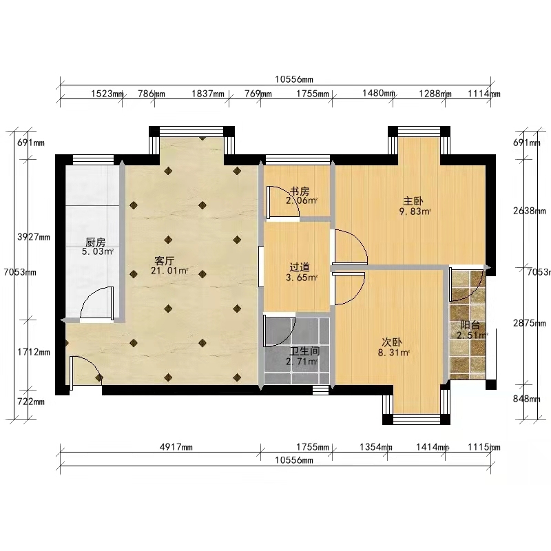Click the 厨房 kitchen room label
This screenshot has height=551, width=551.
tap(95, 242)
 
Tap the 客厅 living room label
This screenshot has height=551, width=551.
tap(165, 261)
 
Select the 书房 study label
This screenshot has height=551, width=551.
tap(300, 191)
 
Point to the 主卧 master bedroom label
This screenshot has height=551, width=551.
tap(413, 201)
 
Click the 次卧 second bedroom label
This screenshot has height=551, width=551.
tap(392, 342)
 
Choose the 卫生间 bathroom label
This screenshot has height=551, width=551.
tap(304, 351)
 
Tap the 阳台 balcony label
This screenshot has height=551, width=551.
tap(470, 325)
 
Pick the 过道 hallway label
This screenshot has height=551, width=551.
tap(300, 267)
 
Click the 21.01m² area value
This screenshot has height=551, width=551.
tap(169, 271)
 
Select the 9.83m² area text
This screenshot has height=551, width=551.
tap(415, 211)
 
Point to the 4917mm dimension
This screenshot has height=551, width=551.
tap(176, 447)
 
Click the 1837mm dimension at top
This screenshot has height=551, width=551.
tap(208, 94)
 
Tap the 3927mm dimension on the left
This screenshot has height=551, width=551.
tap(34, 237)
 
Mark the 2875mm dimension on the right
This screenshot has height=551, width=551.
tap(530, 323)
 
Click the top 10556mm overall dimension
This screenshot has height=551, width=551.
tap(294, 79)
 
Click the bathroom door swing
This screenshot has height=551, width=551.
tap(280, 331)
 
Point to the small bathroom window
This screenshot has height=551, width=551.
tap(320, 390)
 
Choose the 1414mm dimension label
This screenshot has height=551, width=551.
tap(433, 447)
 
